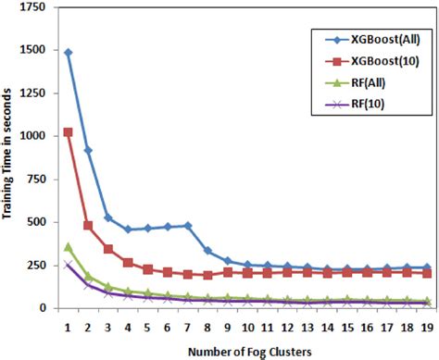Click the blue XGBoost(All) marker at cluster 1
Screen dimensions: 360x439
[69, 53]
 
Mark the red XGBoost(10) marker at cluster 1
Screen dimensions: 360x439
[69, 132]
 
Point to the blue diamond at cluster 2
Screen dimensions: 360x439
[88, 150]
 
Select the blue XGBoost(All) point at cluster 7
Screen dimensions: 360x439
[188, 225]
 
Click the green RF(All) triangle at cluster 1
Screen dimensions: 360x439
[69, 246]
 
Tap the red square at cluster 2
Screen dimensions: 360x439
[88, 225]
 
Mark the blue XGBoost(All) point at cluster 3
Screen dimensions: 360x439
[108, 217]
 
